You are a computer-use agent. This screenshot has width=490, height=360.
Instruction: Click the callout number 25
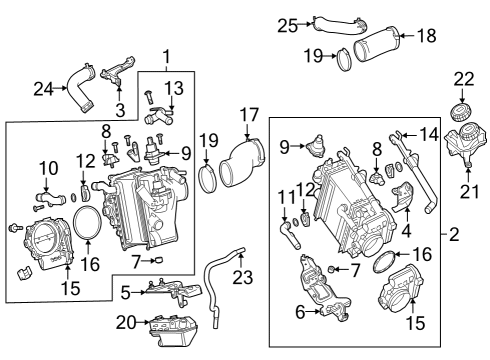click(x=288, y=26)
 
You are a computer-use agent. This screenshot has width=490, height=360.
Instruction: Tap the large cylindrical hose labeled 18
click(x=376, y=45)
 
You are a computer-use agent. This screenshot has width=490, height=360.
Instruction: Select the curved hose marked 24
click(x=80, y=87)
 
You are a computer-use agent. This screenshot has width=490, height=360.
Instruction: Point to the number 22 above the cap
click(x=464, y=79)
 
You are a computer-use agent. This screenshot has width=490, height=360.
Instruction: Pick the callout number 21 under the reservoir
click(x=469, y=191)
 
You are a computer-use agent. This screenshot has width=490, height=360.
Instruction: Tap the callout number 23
click(x=243, y=277)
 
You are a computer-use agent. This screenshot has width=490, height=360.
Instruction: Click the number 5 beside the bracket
click(x=125, y=293)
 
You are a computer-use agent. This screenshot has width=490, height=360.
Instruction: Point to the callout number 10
click(x=49, y=168)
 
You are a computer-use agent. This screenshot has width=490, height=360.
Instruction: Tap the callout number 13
click(x=174, y=88)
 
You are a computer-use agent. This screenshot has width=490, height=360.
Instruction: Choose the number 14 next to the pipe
click(x=429, y=135)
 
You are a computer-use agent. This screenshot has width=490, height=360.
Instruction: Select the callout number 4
click(x=406, y=230)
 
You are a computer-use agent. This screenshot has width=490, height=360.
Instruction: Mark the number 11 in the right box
click(x=287, y=197)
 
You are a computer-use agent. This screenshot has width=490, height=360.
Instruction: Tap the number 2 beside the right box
click(x=454, y=235)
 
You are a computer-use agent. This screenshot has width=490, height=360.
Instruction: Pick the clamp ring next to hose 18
click(x=343, y=60)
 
